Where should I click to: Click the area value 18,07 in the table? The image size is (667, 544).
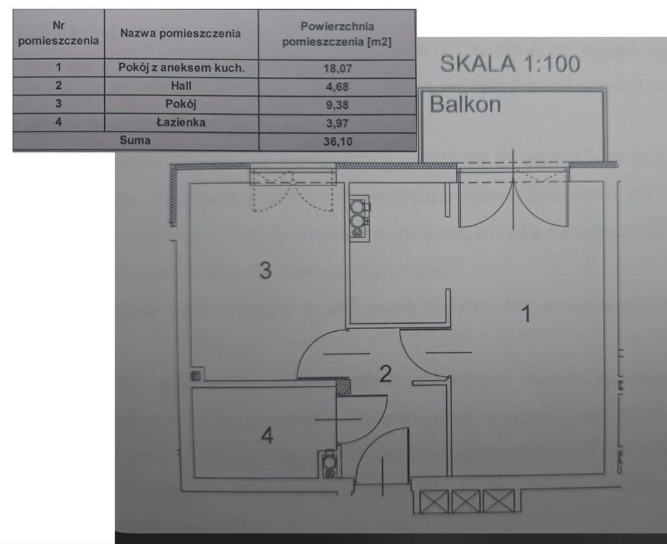[338, 68]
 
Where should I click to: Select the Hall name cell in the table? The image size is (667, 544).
[181, 86]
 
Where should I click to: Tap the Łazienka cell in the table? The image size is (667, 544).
[181, 122]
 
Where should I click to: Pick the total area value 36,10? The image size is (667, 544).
[338, 142]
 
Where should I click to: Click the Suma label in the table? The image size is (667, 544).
[135, 140]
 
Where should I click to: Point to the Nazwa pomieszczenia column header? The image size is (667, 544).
[180, 33]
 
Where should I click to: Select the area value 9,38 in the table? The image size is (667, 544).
[338, 105]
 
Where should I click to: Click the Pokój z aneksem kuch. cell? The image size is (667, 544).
[181, 67]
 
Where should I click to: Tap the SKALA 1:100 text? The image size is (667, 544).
[510, 64]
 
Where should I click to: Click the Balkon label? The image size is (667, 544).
[466, 104]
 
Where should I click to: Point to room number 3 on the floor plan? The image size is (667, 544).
[265, 270]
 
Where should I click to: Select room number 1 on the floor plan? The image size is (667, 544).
[526, 314]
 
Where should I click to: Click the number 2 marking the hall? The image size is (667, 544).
[385, 374]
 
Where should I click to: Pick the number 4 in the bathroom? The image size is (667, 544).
[267, 435]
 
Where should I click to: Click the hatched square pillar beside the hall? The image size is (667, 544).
[344, 386]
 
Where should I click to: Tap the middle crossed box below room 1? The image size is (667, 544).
[466, 501]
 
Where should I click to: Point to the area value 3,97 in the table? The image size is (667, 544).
[338, 123]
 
